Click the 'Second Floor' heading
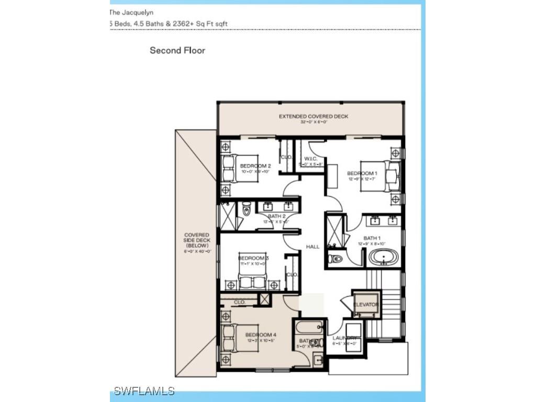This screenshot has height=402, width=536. [177, 50]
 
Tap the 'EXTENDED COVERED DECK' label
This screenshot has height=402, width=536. [313, 116]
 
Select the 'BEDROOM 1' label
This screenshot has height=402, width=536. [362, 173]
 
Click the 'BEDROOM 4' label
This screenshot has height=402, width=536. [261, 334]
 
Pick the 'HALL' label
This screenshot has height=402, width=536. [313, 247]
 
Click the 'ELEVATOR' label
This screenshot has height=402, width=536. [365, 305]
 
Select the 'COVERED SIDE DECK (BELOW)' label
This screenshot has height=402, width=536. [196, 240]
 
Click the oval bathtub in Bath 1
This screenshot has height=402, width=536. [383, 258]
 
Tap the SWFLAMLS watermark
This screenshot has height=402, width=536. [144, 390]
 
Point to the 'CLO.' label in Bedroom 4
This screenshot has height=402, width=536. [240, 302]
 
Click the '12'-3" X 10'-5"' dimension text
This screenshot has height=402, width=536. [261, 341]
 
